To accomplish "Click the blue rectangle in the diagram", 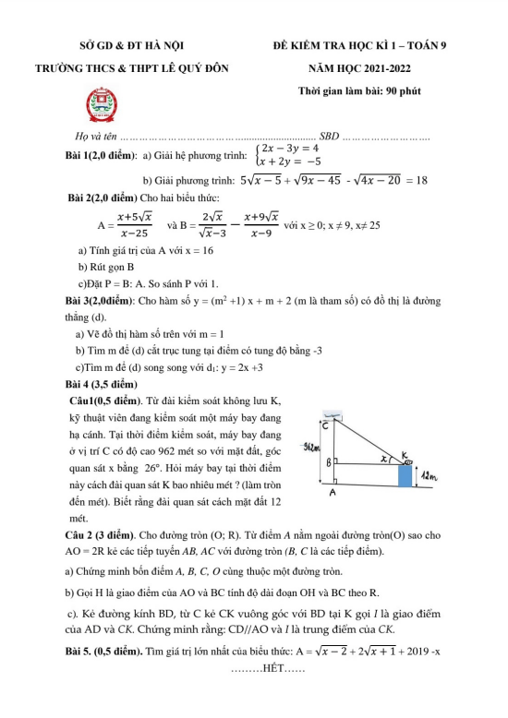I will point(405,474).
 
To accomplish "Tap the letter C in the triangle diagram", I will point(327,425).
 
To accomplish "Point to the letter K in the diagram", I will point(403,451).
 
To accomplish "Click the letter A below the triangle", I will point(333,493).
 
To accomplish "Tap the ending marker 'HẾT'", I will point(276,694).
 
